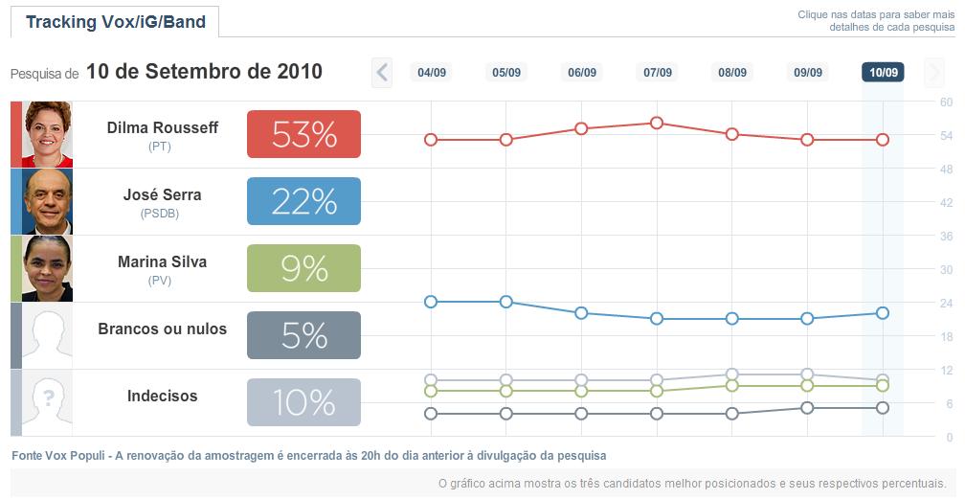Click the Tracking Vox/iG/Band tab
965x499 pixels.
click(116, 22)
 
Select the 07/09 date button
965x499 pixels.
click(658, 72)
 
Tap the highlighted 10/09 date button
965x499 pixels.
click(883, 72)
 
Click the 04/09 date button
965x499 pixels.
click(432, 72)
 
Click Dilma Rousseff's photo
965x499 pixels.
click(48, 134)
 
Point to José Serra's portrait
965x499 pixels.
click(48, 201)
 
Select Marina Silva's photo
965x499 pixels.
click(48, 268)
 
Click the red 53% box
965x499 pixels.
click(303, 134)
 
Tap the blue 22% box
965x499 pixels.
click(303, 201)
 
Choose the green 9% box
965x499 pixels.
click(303, 268)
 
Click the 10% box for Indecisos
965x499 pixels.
click(303, 402)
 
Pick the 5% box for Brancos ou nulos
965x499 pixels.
click(303, 335)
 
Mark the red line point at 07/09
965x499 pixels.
click(657, 123)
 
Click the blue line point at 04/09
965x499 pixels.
click(431, 302)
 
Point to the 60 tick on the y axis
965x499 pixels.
click(946, 102)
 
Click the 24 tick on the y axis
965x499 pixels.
click(946, 303)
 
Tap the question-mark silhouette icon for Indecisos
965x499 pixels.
click(48, 402)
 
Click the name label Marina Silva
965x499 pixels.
click(162, 261)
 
